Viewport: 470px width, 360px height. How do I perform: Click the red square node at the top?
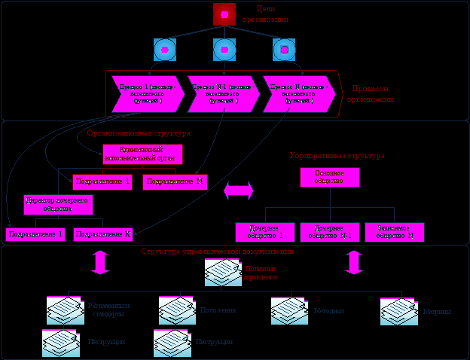click(224, 14)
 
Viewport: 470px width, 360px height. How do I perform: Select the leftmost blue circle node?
click(164, 50)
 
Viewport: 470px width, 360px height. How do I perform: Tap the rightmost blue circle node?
click(284, 50)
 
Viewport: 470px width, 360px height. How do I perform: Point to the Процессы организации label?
click(370, 94)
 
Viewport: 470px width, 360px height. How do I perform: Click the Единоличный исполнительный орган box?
click(142, 154)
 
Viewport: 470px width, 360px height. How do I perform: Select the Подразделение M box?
click(175, 182)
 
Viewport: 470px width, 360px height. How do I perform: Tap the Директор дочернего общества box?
click(58, 204)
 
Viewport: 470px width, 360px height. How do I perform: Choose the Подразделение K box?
click(103, 234)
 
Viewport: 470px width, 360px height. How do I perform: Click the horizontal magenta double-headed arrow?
click(239, 191)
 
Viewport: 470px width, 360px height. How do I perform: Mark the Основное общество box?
click(329, 177)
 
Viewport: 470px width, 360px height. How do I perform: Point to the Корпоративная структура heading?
click(337, 155)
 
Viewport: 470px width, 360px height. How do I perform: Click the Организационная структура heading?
click(138, 133)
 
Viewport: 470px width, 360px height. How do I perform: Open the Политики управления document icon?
click(223, 272)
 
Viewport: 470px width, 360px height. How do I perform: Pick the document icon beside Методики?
click(289, 310)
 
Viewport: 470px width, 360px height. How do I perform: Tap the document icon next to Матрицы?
click(398, 310)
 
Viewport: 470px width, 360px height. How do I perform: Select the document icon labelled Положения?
click(177, 310)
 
